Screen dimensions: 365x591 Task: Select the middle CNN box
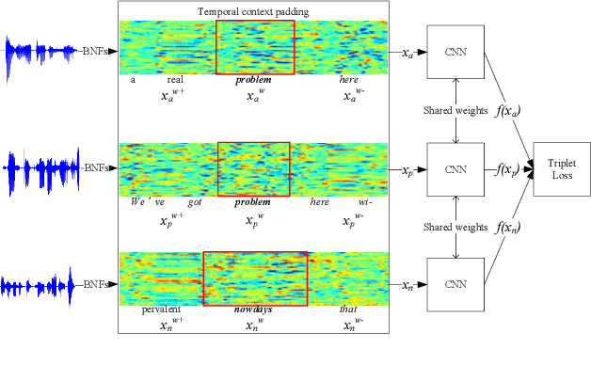pos(455,169)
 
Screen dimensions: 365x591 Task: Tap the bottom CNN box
pos(455,283)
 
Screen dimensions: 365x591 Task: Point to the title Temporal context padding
pos(254,11)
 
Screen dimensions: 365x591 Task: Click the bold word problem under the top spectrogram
pos(253,81)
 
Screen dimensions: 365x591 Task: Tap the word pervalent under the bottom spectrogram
pos(161,309)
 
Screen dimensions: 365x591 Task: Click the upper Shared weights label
pos(455,110)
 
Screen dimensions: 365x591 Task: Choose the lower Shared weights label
pos(455,227)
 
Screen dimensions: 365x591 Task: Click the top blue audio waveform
pos(40,51)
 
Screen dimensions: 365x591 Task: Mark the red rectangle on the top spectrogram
pos(255,47)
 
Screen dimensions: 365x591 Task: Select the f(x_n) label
pos(504,228)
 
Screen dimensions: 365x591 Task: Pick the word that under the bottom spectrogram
pos(348,309)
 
